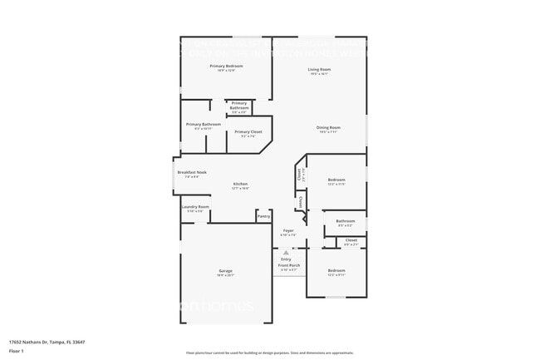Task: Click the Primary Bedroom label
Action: (226, 66)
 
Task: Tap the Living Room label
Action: (319, 69)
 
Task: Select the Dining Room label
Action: (328, 127)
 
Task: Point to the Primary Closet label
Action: (248, 131)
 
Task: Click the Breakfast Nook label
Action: (190, 172)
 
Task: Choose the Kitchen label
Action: (240, 184)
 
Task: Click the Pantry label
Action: (263, 216)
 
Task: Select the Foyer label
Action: (288, 230)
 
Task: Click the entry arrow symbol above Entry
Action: (286, 251)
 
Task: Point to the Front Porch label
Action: (288, 265)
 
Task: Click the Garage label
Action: (225, 271)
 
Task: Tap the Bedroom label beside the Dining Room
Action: (336, 180)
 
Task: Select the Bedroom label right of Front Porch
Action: (336, 271)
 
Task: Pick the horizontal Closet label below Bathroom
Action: (351, 240)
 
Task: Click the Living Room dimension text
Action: (319, 74)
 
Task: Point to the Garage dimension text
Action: (225, 276)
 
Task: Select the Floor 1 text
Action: (17, 351)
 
